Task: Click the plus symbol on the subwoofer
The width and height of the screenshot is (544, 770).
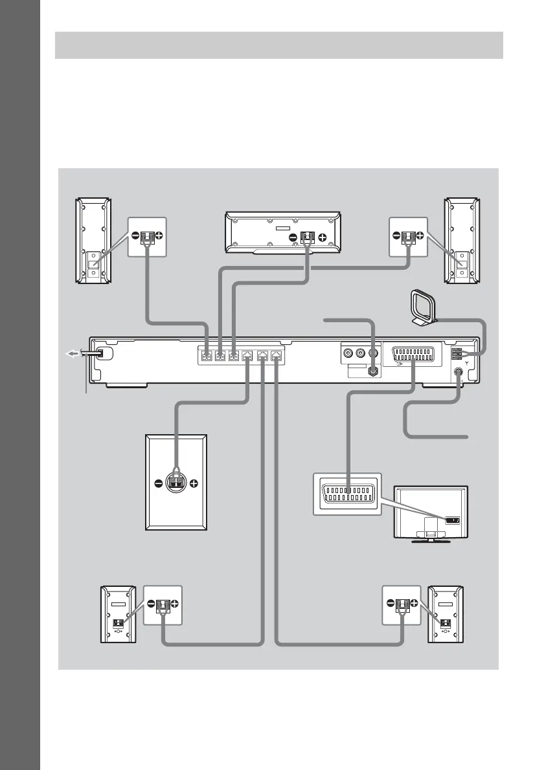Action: point(193,483)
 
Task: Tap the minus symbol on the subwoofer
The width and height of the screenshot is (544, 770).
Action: point(158,483)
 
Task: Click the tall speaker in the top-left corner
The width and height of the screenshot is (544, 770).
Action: point(92,240)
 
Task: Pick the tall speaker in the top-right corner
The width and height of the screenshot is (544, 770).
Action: point(459,240)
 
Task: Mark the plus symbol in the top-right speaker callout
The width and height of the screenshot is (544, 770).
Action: point(420,237)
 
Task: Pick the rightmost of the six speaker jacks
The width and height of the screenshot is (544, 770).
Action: point(277,355)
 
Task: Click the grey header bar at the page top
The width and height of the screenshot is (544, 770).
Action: point(278,45)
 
